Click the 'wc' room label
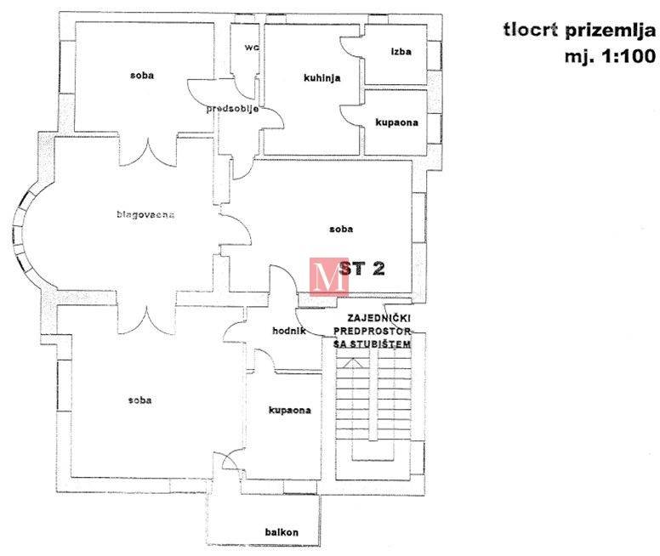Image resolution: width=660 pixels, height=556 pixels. (251, 47)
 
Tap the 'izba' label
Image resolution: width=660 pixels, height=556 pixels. (401, 51)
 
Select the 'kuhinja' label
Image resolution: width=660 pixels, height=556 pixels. (321, 78)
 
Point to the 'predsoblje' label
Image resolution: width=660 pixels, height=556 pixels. (231, 109)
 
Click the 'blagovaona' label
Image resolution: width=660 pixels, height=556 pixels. (145, 214)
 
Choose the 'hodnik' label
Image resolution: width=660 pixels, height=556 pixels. (289, 331)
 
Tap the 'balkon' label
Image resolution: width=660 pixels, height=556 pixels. (282, 533)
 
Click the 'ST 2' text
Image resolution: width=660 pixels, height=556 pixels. (362, 268)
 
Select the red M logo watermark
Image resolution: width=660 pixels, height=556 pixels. (328, 276)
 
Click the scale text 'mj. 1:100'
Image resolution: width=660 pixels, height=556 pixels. (609, 58)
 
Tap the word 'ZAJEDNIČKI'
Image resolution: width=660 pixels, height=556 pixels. (373, 317)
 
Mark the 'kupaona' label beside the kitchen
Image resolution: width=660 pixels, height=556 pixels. (396, 123)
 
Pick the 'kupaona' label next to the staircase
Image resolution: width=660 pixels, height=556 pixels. (289, 411)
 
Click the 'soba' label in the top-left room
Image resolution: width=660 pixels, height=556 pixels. (142, 75)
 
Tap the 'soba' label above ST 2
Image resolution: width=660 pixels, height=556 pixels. (341, 229)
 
